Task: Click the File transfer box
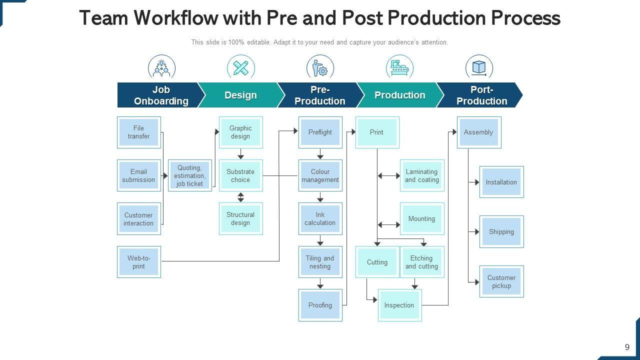(138, 132)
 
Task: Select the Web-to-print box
(138, 262)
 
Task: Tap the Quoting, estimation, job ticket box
(189, 176)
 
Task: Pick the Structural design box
(240, 219)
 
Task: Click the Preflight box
(320, 132)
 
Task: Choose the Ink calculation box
(320, 219)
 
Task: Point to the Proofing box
(320, 305)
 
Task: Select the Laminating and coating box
(421, 176)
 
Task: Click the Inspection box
(399, 305)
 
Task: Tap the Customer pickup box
(501, 281)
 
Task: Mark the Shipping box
(501, 232)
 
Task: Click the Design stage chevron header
(240, 95)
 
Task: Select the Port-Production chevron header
(481, 95)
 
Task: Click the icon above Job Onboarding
(161, 67)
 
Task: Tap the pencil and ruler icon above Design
(240, 67)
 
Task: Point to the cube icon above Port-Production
(479, 67)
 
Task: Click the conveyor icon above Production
(399, 67)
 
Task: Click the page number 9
(627, 347)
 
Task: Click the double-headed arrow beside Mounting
(388, 225)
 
